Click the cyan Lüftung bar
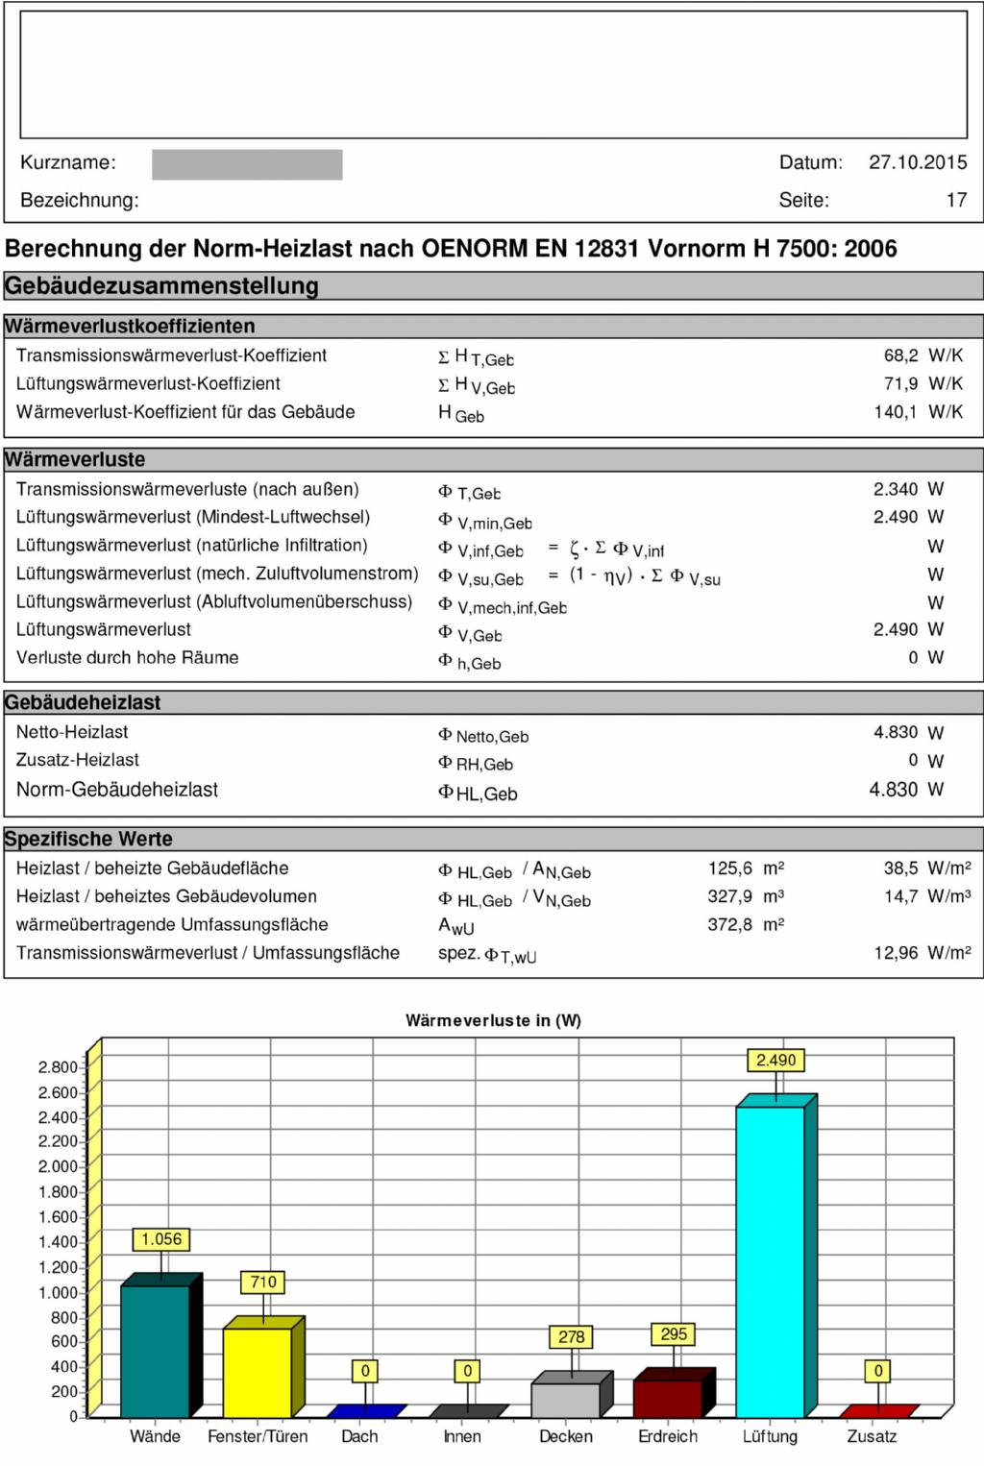tap(770, 1260)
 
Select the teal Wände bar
tap(155, 1350)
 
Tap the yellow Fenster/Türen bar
tap(257, 1372)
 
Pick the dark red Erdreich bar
tap(667, 1398)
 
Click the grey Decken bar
tap(565, 1400)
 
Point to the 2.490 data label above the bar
tap(775, 1060)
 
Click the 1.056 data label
tap(160, 1239)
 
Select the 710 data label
tap(263, 1282)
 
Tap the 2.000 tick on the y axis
tap(57, 1166)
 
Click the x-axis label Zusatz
tap(872, 1436)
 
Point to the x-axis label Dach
tap(359, 1436)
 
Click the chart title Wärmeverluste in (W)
tap(493, 1020)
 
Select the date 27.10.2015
tap(918, 162)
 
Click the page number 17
tap(956, 200)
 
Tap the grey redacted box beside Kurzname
tap(247, 164)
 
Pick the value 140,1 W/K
tap(923, 412)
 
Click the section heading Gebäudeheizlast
tap(83, 702)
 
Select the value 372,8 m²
tap(746, 924)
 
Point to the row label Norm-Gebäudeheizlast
tap(117, 790)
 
